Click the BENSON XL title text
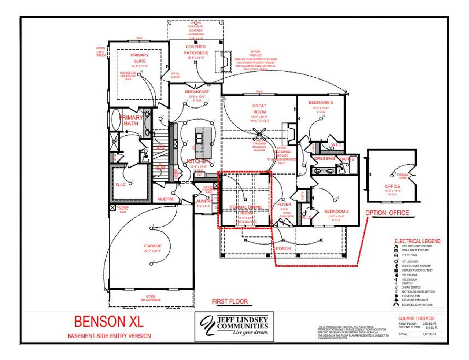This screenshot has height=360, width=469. pyautogui.click(x=109, y=322)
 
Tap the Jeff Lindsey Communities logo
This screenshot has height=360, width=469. pyautogui.click(x=234, y=326)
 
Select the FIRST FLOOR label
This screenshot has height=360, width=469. pyautogui.click(x=230, y=301)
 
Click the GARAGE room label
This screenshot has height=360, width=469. pyautogui.click(x=152, y=246)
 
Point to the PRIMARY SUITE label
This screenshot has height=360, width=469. pyautogui.click(x=140, y=58)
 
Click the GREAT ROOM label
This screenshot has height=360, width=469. pyautogui.click(x=259, y=109)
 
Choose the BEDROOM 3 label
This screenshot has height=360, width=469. pyautogui.click(x=321, y=103)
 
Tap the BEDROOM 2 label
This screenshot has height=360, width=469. pyautogui.click(x=336, y=212)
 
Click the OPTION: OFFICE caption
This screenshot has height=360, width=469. pyautogui.click(x=387, y=213)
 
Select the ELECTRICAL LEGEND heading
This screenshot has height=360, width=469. pyautogui.click(x=417, y=241)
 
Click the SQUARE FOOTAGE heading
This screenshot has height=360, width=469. pyautogui.click(x=416, y=319)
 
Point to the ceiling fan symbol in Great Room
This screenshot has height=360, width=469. pyautogui.click(x=259, y=134)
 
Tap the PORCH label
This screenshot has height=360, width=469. pyautogui.click(x=283, y=249)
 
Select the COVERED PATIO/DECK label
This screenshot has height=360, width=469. pyautogui.click(x=196, y=50)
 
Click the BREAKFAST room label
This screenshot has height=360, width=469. pyautogui.click(x=197, y=92)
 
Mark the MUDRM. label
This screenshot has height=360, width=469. pyautogui.click(x=165, y=199)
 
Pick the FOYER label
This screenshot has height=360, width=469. pyautogui.click(x=284, y=205)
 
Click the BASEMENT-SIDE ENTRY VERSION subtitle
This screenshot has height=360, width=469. pyautogui.click(x=109, y=336)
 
